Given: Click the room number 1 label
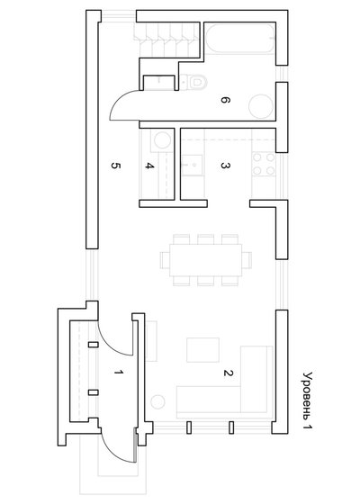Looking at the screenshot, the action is tap(119, 372).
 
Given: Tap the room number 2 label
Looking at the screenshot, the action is tap(228, 373).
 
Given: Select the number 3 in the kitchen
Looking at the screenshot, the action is tap(225, 166).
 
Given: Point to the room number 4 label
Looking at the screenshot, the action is tap(149, 166).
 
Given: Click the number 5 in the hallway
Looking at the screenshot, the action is tap(116, 166).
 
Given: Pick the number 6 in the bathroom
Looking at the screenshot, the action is tap(225, 100).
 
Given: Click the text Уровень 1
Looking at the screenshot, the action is tap(307, 400).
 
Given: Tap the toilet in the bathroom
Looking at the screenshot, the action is tap(193, 82).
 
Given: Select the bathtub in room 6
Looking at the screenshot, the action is tap(240, 39).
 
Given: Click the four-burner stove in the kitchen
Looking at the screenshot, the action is tap(264, 164).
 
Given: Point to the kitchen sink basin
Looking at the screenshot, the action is tap(193, 165).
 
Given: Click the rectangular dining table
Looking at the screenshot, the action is tap(206, 260).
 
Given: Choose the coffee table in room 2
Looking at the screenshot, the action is tap(202, 350).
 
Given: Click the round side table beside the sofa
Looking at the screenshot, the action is tap(157, 401).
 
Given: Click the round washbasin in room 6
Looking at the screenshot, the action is tap(261, 106).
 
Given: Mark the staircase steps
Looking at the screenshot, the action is tap(166, 40).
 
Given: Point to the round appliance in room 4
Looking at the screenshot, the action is tap(162, 140).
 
